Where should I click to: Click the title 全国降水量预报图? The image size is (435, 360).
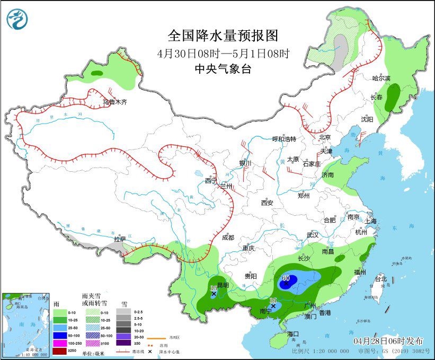223,36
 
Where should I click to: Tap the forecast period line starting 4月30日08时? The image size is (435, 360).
223,54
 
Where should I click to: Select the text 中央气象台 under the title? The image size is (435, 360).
223,68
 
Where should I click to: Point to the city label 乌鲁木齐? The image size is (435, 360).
115,102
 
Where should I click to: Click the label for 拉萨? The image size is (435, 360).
120,239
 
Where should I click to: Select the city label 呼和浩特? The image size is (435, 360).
283,139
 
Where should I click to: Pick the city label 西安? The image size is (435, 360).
267,203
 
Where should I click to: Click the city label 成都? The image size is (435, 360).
228,237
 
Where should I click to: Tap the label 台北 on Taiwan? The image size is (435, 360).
381,278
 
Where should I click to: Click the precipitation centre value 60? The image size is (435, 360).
287,277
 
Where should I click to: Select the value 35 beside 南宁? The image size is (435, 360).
273,301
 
